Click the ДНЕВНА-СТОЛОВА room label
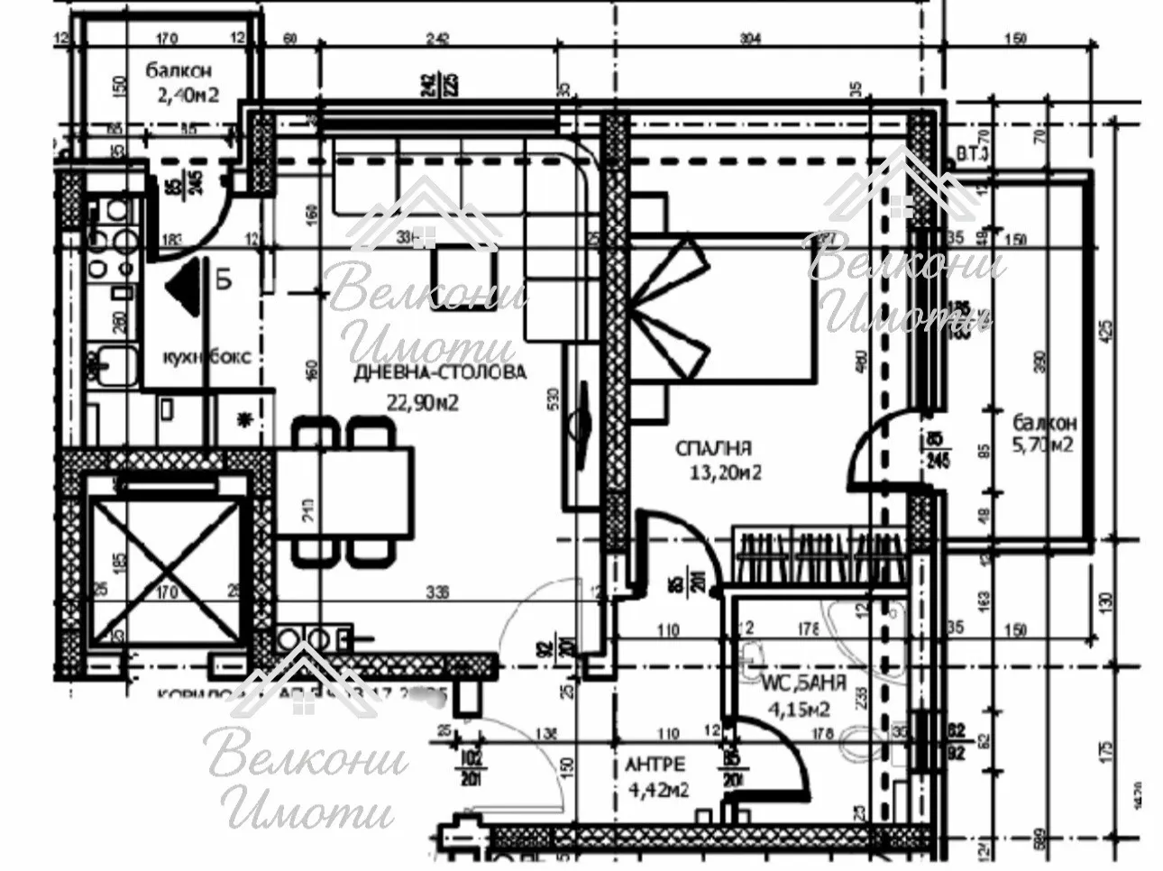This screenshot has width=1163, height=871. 441,372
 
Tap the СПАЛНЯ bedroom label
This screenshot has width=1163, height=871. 715,448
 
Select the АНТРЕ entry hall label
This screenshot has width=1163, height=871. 654,765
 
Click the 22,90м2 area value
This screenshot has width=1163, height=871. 423,402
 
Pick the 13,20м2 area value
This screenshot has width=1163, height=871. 720,473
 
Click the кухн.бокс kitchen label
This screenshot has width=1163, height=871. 206,356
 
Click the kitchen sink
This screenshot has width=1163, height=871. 113,367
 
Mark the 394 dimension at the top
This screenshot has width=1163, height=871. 750,38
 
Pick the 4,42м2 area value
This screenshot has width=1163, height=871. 655,791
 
